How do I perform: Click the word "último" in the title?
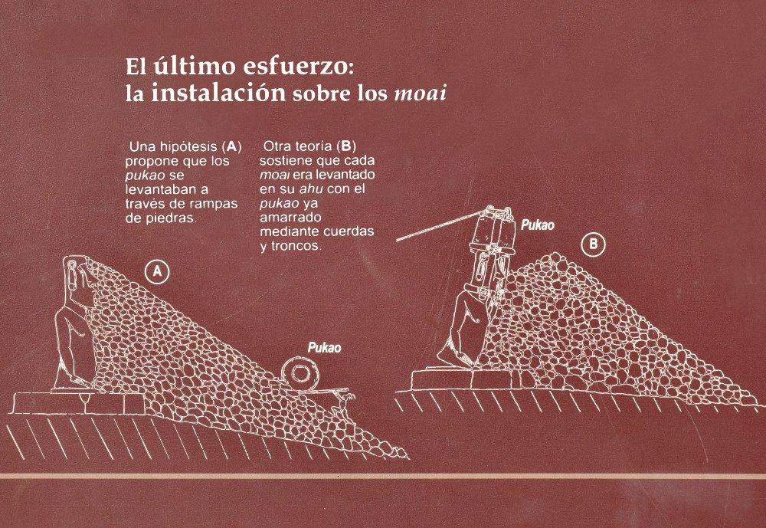(194, 66)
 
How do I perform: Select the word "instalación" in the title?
(218, 93)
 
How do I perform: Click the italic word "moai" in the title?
(420, 93)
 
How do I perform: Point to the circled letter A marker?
(157, 272)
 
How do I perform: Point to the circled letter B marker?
(593, 244)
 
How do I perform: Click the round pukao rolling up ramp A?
(300, 375)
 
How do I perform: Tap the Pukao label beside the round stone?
(324, 348)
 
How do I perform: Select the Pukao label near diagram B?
(538, 225)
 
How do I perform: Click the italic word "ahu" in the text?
(311, 189)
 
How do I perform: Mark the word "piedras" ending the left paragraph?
(172, 218)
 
